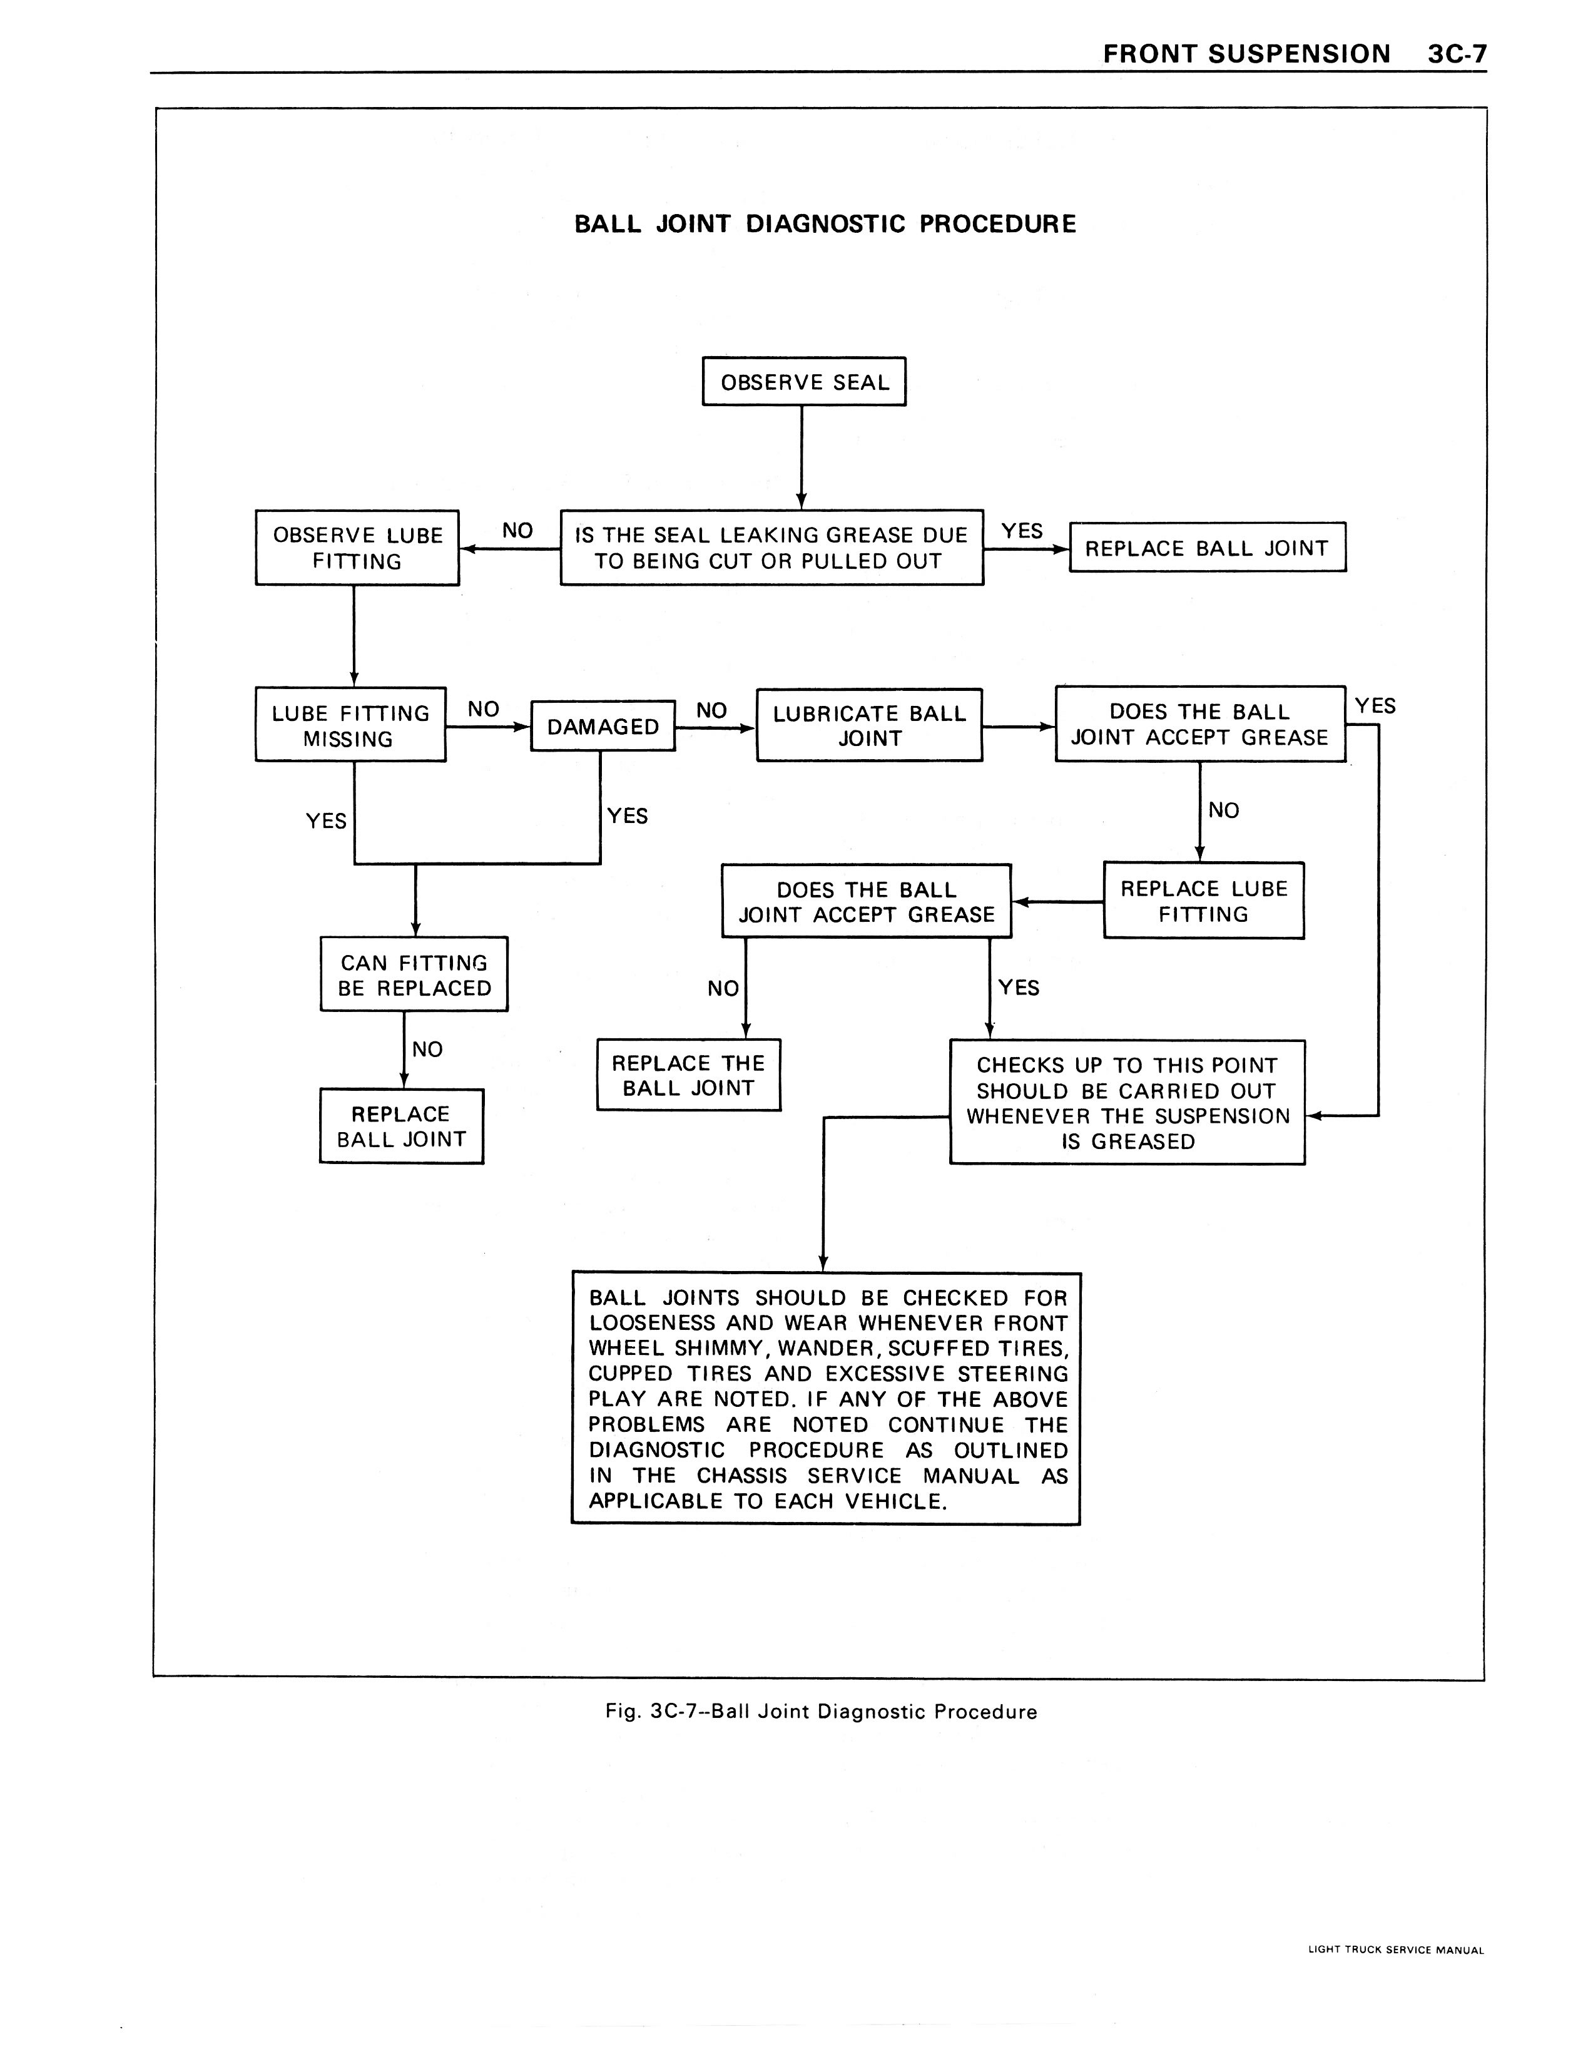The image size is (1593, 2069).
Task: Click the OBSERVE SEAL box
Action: [803, 382]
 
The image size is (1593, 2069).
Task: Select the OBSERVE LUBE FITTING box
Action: [357, 548]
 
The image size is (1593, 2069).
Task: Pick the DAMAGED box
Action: [603, 727]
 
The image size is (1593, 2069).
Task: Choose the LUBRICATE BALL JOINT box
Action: [868, 726]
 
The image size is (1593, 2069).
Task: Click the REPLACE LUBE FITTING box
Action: [1203, 901]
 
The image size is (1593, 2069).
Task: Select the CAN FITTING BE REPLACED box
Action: [414, 975]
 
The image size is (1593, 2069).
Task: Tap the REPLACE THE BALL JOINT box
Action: [688, 1075]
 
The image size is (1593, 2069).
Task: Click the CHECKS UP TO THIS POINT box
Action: [1127, 1103]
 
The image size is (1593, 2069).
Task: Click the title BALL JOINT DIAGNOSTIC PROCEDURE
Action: [825, 225]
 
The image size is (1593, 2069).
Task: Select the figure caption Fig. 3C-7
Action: [821, 1712]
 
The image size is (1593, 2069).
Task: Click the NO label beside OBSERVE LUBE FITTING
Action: [517, 531]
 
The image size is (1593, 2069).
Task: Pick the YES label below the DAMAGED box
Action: [627, 815]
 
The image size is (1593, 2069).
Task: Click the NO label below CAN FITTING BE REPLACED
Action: [427, 1049]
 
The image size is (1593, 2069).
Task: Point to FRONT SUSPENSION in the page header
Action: [1246, 54]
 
